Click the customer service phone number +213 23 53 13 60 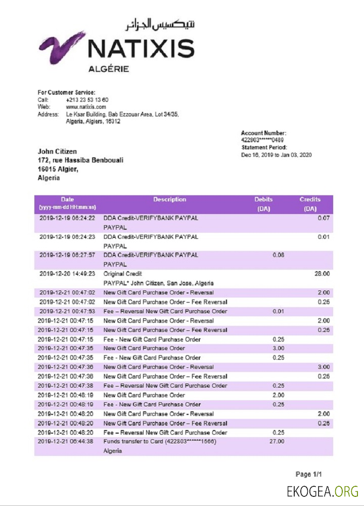point(87,100)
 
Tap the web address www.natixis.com point(86,107)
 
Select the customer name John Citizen point(57,151)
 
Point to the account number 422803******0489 point(262,140)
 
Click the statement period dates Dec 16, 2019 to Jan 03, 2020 point(276,155)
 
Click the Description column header point(170,199)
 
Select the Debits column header point(263,199)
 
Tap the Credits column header point(309,199)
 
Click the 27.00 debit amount point(278,441)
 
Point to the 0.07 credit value point(323,218)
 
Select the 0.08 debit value point(278,255)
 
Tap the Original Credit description point(123,273)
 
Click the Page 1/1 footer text point(308,474)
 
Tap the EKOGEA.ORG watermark point(322,491)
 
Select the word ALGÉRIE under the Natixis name point(108,69)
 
